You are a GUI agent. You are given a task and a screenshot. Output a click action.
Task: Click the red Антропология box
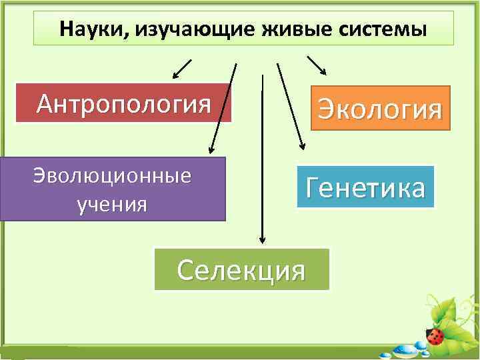click(x=124, y=103)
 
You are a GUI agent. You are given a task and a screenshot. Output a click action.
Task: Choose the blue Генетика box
click(x=365, y=187)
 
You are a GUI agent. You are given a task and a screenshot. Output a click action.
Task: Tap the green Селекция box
click(x=242, y=270)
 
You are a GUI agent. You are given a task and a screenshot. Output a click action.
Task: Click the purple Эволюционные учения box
click(x=113, y=189)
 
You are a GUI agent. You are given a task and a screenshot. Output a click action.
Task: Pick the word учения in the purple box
click(x=112, y=203)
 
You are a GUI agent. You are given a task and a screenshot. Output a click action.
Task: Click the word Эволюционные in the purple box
click(x=112, y=176)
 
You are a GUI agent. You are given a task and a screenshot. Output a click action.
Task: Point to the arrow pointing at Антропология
click(x=182, y=68)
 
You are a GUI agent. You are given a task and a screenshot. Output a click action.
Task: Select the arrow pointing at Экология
click(x=317, y=65)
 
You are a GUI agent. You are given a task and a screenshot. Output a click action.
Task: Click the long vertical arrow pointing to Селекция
click(x=263, y=160)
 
